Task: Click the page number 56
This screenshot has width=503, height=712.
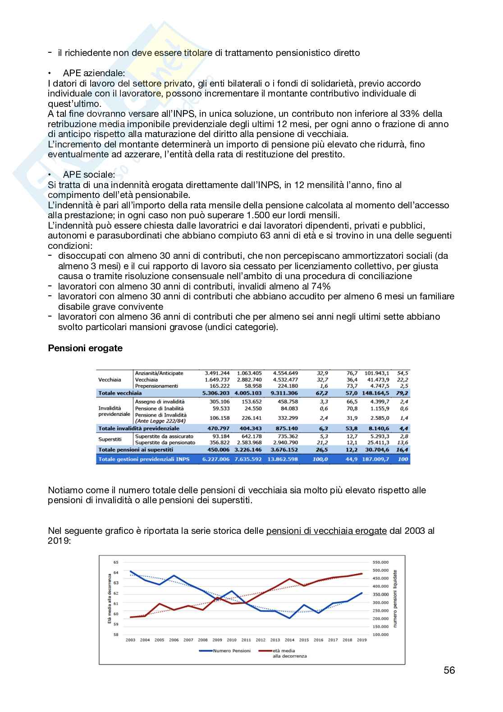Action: click(x=449, y=670)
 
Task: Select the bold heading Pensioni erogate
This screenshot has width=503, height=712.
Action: click(x=85, y=348)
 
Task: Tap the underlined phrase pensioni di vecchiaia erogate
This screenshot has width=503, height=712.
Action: click(x=326, y=531)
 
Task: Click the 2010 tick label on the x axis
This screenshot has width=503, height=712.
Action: click(x=232, y=640)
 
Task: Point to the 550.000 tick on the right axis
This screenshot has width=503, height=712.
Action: click(x=380, y=562)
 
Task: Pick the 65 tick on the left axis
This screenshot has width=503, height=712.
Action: click(x=116, y=562)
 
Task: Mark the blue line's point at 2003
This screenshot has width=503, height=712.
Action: click(x=131, y=571)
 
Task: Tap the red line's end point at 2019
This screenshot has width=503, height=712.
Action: click(x=362, y=574)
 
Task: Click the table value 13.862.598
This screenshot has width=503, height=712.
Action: click(x=283, y=459)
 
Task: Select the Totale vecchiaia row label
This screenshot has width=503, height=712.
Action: click(x=120, y=393)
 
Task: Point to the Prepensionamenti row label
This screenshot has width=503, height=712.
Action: click(x=156, y=386)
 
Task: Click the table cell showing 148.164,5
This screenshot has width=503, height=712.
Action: click(x=375, y=393)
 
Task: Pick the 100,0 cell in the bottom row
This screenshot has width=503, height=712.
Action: click(x=320, y=459)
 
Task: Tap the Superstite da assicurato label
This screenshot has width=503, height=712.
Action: click(x=164, y=436)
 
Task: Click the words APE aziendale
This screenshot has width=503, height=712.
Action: click(x=94, y=73)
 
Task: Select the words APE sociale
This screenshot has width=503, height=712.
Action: click(x=89, y=175)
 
